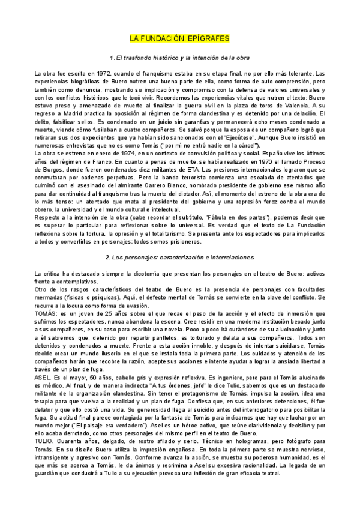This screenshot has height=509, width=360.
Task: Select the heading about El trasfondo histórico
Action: click(180, 57)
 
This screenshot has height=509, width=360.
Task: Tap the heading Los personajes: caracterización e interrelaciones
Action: click(181, 257)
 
